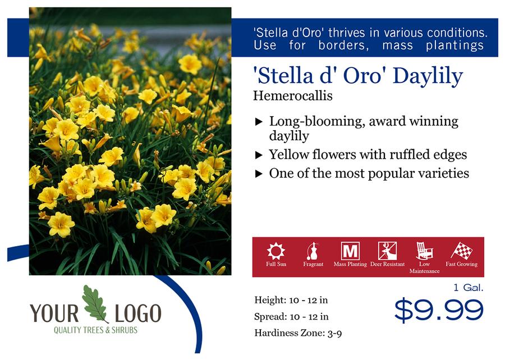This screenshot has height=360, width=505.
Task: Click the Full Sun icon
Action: tap(276, 251)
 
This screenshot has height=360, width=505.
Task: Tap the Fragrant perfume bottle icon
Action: tap(313, 251)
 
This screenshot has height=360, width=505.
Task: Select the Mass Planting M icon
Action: tap(350, 251)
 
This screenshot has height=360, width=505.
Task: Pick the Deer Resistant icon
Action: tap(387, 251)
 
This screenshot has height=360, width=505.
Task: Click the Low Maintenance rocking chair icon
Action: tap(424, 251)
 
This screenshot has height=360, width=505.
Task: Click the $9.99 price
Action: tap(439, 310)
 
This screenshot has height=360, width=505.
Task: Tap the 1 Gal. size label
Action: tap(469, 287)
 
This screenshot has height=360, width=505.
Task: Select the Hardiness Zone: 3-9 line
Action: tap(298, 333)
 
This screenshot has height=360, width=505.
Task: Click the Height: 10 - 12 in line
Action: tap(291, 300)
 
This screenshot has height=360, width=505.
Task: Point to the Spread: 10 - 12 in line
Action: tap(291, 317)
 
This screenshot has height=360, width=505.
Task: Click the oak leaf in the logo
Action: tap(95, 304)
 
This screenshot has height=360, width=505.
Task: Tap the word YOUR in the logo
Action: tap(54, 313)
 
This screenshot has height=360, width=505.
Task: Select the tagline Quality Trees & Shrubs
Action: tap(95, 330)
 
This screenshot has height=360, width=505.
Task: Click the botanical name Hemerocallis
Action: tap(293, 95)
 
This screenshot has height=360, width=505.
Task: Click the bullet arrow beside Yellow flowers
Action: tap(259, 155)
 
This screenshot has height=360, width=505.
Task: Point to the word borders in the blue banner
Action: tap(343, 45)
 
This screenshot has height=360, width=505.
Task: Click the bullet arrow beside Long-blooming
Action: tap(259, 122)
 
